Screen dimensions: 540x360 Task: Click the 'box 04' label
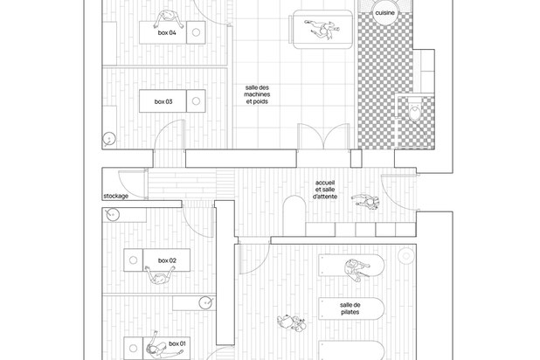click(167, 32)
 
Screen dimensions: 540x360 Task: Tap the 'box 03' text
click(163, 101)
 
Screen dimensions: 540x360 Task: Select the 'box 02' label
click(167, 260)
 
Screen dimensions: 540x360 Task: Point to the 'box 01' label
click(177, 343)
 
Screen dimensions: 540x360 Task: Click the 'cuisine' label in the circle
click(384, 13)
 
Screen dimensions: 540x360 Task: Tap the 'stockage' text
click(116, 196)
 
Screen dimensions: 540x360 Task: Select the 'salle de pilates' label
click(350, 308)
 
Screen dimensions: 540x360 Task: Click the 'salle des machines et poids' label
click(257, 94)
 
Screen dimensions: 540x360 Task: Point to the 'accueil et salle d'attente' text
click(325, 190)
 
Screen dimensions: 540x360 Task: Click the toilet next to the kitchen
click(415, 109)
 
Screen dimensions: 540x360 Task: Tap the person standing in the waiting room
click(366, 202)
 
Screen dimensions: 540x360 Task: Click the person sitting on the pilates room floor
click(292, 322)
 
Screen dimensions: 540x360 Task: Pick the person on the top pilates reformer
click(356, 270)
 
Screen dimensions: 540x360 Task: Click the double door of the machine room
click(323, 136)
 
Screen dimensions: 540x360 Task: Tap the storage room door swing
click(133, 184)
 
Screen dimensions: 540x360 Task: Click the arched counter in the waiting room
click(294, 216)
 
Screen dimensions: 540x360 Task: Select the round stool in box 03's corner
click(109, 139)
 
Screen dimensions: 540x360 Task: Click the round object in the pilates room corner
click(406, 256)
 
